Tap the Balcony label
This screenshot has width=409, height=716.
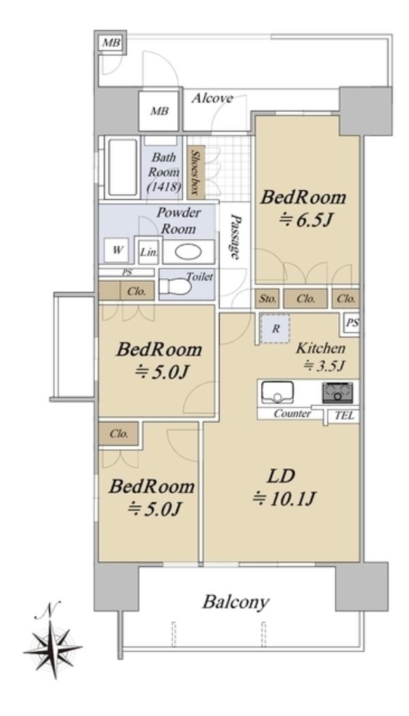[x=235, y=603]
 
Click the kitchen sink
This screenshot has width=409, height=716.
[x=277, y=392]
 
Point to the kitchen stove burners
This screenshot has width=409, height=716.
[x=338, y=392]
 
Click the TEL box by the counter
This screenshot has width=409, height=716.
[x=344, y=416]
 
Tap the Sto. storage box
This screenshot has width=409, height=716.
[x=268, y=299]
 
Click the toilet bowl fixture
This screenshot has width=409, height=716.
[x=175, y=286]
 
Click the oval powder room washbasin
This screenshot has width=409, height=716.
[x=188, y=253]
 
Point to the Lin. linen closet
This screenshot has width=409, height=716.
[x=149, y=252]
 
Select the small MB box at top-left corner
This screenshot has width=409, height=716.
[x=111, y=44]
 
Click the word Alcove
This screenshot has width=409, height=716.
[x=212, y=98]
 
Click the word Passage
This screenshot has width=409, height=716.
[x=235, y=237]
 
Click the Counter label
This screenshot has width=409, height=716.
[x=292, y=414]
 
